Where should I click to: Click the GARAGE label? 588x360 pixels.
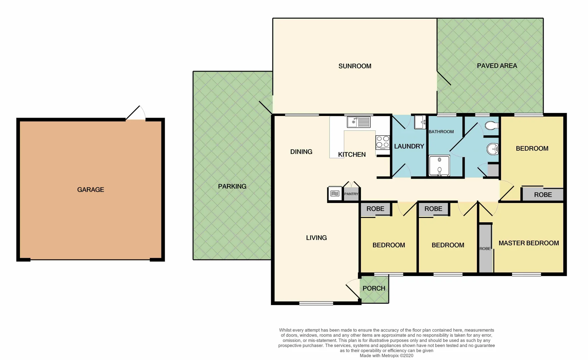pos(91,190)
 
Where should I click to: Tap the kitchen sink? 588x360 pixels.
pos(359,122)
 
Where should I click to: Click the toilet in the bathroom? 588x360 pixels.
pos(491,126)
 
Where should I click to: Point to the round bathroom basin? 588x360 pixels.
pos(492,149)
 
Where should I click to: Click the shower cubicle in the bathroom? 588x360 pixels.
pos(439,165)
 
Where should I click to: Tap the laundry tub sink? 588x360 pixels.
pos(420,122)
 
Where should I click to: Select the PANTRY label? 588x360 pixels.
pos(351,194)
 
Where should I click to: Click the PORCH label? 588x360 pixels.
pos(374,288)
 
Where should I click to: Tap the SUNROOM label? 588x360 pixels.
pos(355,66)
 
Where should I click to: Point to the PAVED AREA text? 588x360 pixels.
pos(497,66)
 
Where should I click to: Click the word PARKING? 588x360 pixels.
pos(232,186)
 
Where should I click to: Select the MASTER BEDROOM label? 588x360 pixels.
pos(528,243)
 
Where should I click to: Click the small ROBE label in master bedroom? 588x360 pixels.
pos(485,249)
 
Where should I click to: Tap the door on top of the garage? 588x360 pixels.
pos(136,114)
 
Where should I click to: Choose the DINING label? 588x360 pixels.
pos(301,152)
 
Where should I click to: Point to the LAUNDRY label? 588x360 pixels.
pos(409,146)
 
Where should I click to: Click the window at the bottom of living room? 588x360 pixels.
pos(316,303)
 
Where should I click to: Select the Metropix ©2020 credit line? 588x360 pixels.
pos(386,356)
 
